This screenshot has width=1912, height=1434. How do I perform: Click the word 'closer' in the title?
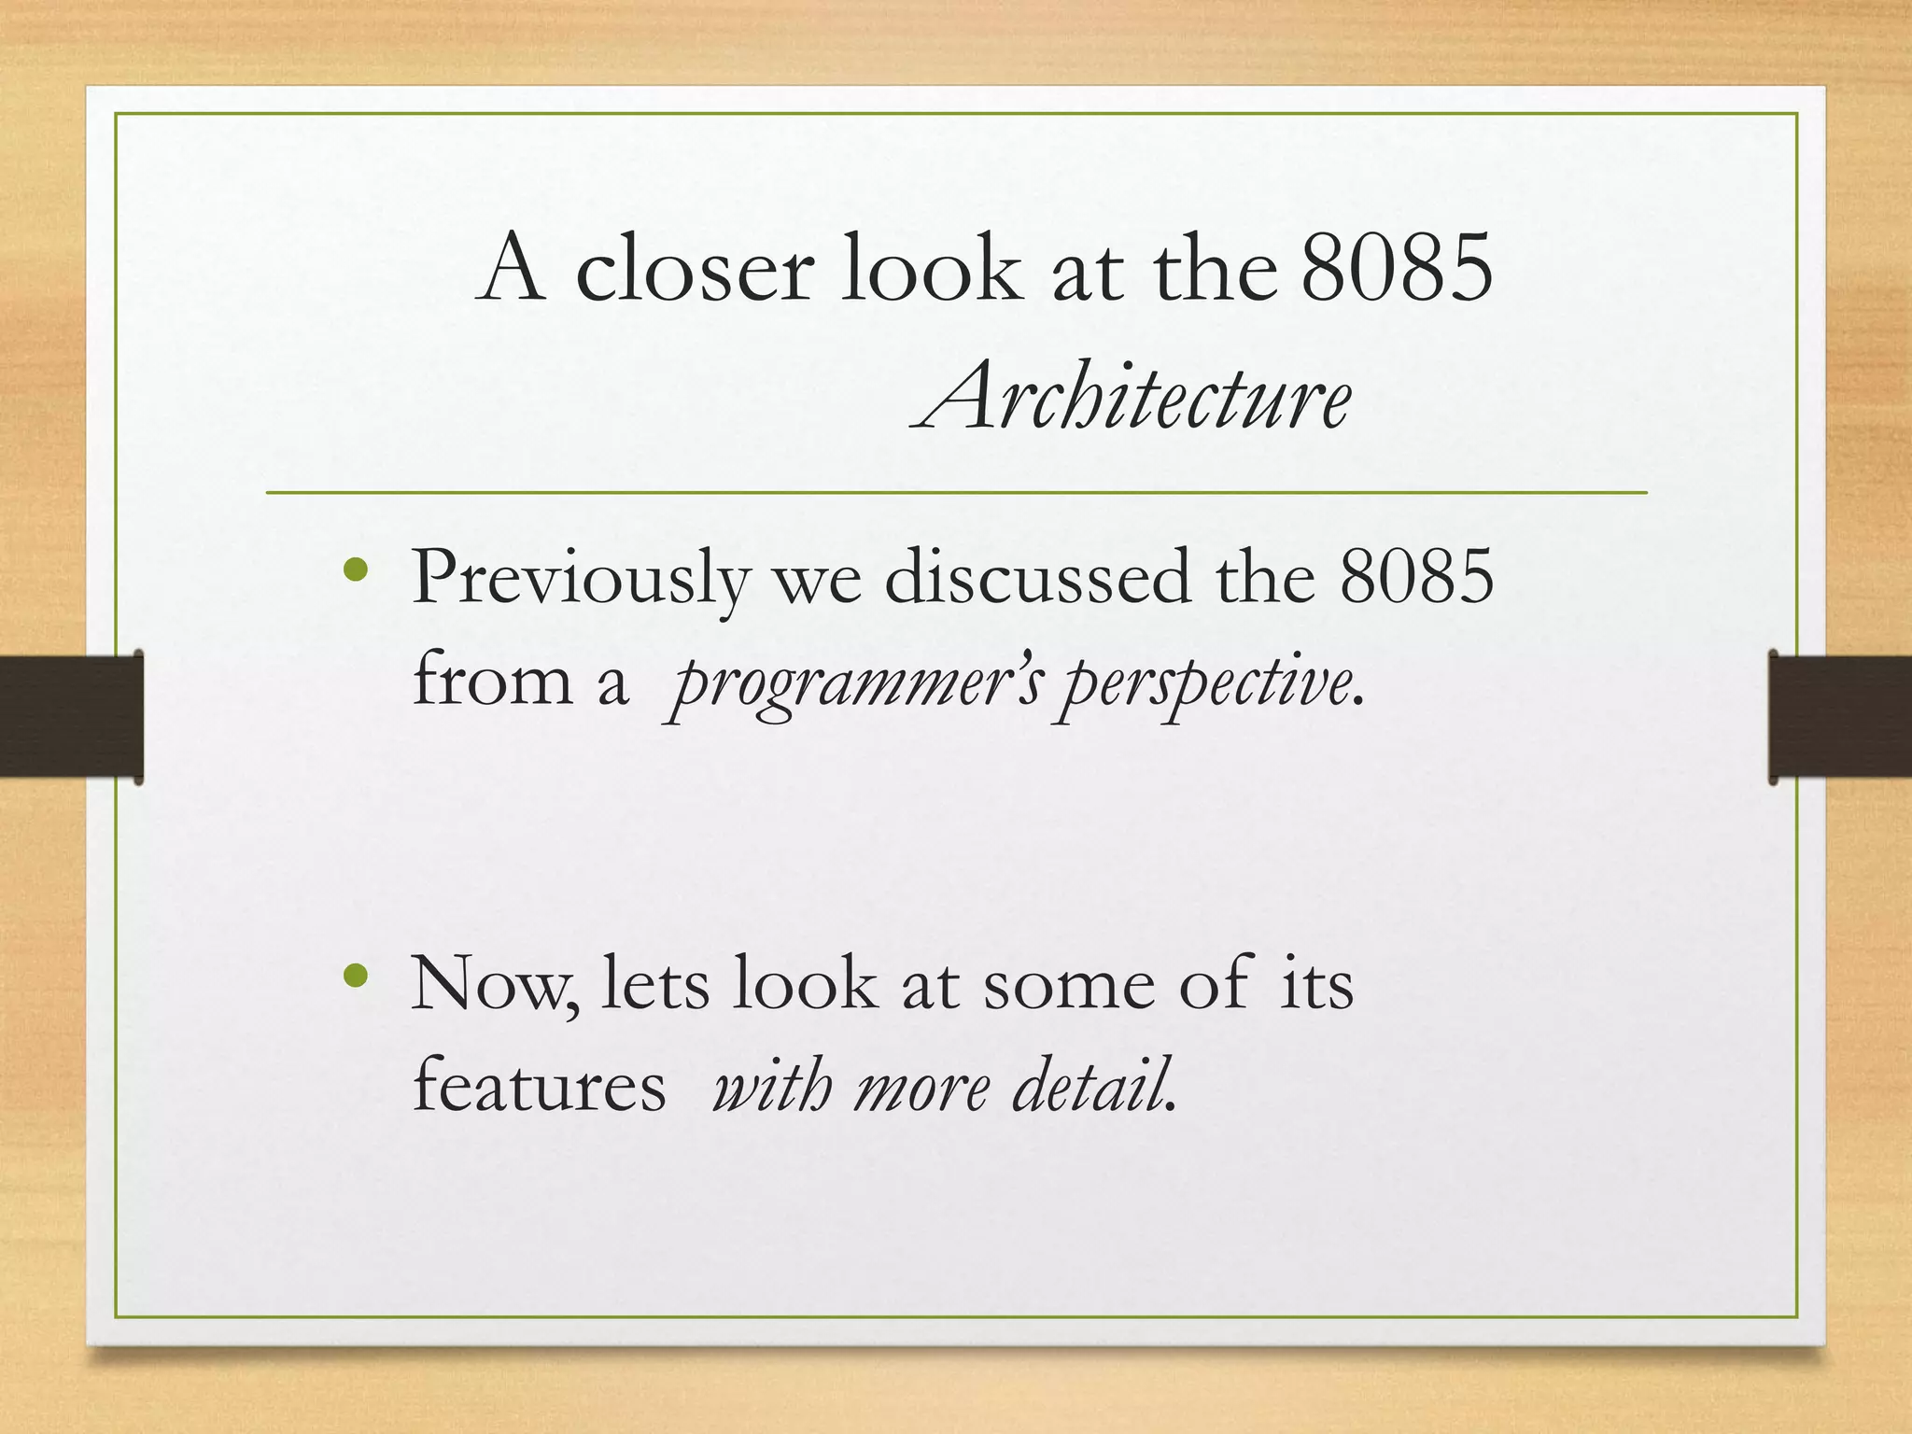click(x=695, y=270)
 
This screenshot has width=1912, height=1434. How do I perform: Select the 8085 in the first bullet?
click(x=1416, y=577)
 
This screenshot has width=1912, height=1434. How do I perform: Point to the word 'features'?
click(x=540, y=1087)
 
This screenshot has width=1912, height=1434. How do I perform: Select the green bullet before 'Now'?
click(x=356, y=976)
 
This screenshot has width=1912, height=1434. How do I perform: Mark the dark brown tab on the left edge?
click(x=71, y=716)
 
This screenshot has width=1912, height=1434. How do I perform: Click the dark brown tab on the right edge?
click(x=1840, y=716)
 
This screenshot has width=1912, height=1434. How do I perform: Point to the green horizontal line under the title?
click(x=956, y=492)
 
